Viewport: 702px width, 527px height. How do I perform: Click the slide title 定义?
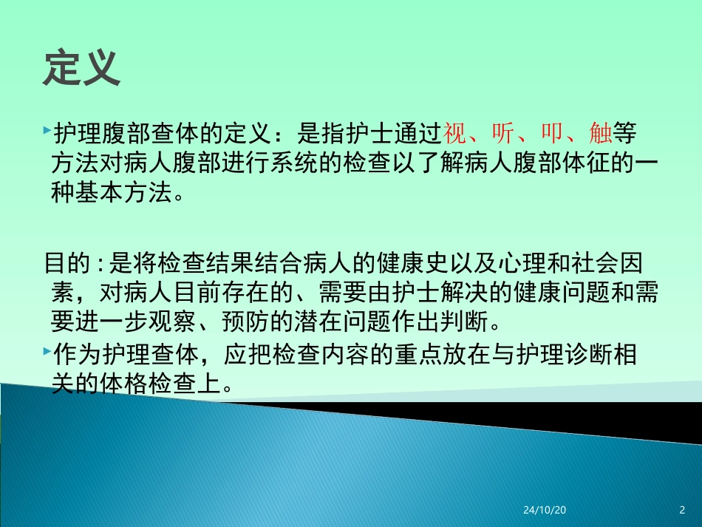click(x=81, y=69)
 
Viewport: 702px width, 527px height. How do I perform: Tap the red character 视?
click(x=453, y=135)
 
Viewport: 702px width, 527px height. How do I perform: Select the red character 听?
click(x=502, y=135)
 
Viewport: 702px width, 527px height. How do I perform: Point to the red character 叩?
click(x=551, y=135)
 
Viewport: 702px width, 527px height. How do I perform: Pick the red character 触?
click(x=599, y=135)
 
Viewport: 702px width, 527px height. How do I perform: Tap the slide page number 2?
click(x=681, y=511)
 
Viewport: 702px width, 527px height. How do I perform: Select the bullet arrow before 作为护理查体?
click(x=47, y=350)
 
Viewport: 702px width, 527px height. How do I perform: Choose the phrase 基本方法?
click(x=123, y=194)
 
